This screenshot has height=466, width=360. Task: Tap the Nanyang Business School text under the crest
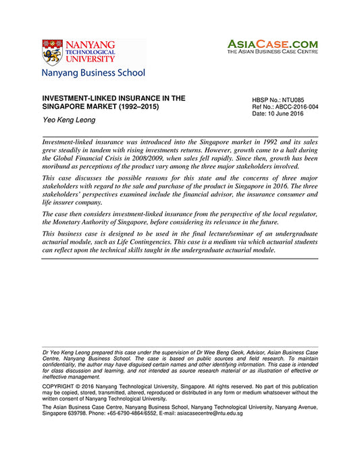tap(93, 73)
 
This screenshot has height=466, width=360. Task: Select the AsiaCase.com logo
tap(272, 42)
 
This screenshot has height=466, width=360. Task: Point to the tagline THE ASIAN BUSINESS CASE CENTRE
tap(272, 51)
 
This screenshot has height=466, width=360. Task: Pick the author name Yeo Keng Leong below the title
tap(66, 120)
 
